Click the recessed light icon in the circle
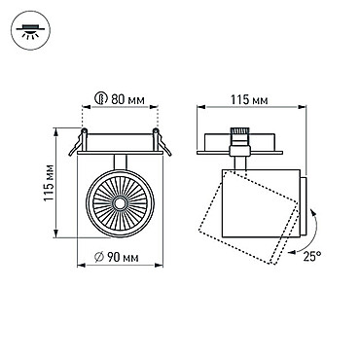(x=30, y=30)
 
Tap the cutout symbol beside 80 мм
(x=101, y=98)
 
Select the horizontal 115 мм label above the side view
(x=249, y=100)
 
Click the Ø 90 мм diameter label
(x=117, y=257)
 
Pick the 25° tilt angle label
(x=312, y=257)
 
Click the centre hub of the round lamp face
(x=120, y=203)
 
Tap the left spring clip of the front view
(x=79, y=142)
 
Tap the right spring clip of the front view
(x=162, y=142)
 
